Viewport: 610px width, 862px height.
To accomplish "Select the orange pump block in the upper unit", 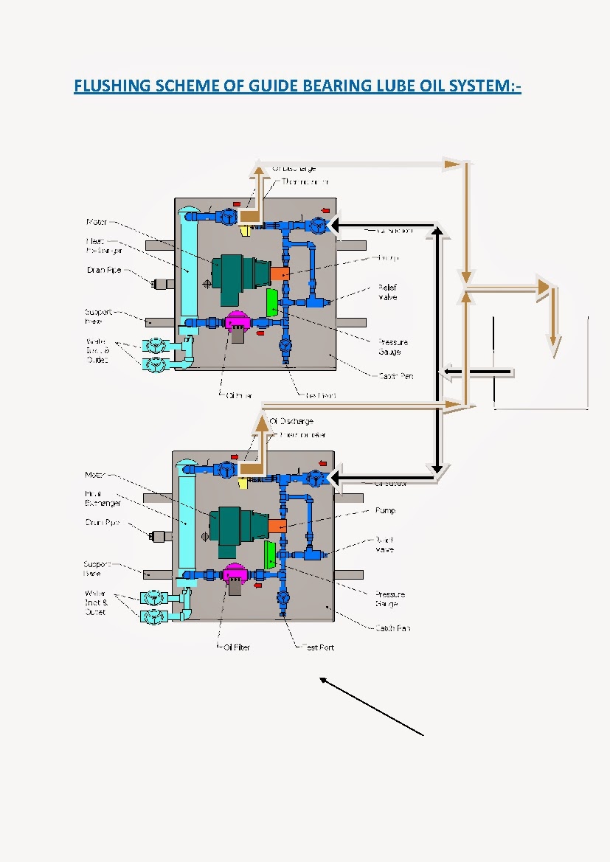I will [280, 273].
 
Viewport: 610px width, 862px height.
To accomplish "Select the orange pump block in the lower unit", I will [277, 525].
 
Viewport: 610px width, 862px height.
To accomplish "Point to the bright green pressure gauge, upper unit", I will [271, 302].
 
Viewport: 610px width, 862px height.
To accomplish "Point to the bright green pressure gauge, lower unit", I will [270, 554].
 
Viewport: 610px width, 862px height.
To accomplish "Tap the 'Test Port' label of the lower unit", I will [318, 647].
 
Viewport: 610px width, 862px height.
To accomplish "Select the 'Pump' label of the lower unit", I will [385, 510].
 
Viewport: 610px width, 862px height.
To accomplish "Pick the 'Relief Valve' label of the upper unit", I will [388, 292].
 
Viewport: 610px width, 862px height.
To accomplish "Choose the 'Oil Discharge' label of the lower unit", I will [292, 421].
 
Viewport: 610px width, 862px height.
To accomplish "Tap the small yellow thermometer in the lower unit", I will [243, 483].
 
